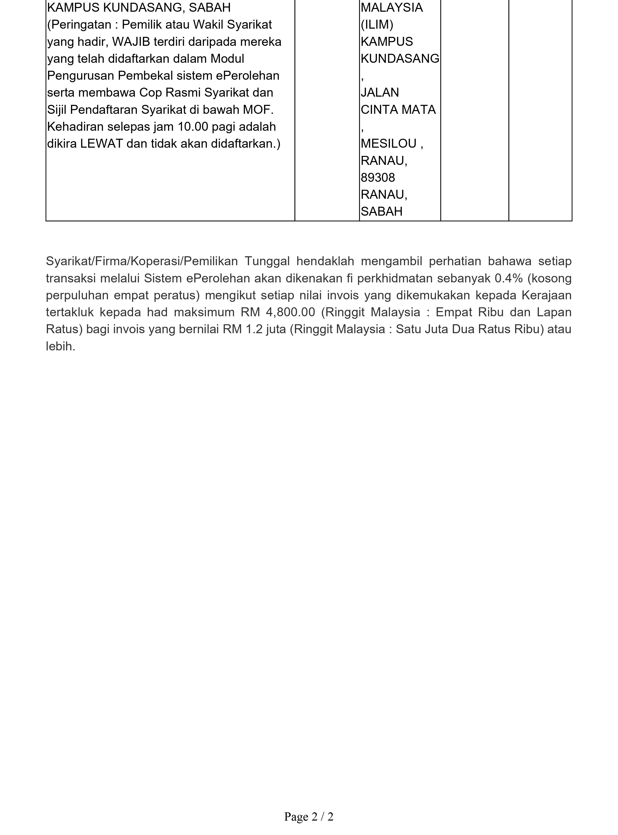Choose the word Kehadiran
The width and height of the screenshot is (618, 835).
point(75,127)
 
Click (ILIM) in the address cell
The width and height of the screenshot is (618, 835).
point(377,25)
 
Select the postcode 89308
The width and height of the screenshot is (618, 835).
point(378,178)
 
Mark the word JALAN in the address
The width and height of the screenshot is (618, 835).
point(380,92)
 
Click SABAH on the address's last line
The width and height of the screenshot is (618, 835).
point(382,212)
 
